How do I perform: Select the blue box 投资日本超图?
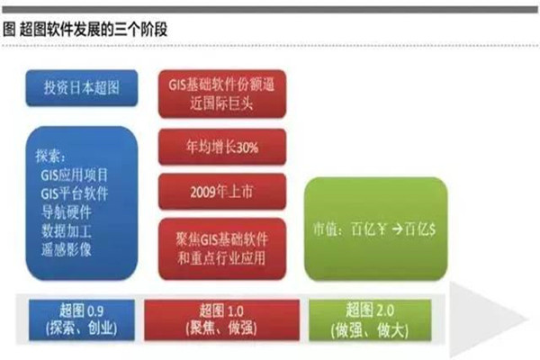82,88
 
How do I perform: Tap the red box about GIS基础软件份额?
222,94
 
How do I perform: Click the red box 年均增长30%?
222,147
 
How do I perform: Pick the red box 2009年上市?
222,192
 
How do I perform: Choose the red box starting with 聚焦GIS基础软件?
222,248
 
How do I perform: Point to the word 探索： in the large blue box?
50,156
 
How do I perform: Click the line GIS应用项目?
75,175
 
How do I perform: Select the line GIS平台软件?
75,193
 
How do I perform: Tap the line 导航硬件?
66,212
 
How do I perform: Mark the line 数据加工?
66,230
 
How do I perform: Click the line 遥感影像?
66,249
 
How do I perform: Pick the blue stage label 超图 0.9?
82,320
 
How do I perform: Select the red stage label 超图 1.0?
221,320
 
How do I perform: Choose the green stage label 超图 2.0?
370,320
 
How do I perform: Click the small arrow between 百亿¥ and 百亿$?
397,229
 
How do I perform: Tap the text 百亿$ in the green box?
419,229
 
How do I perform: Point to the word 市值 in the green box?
325,229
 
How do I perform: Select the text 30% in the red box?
247,148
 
